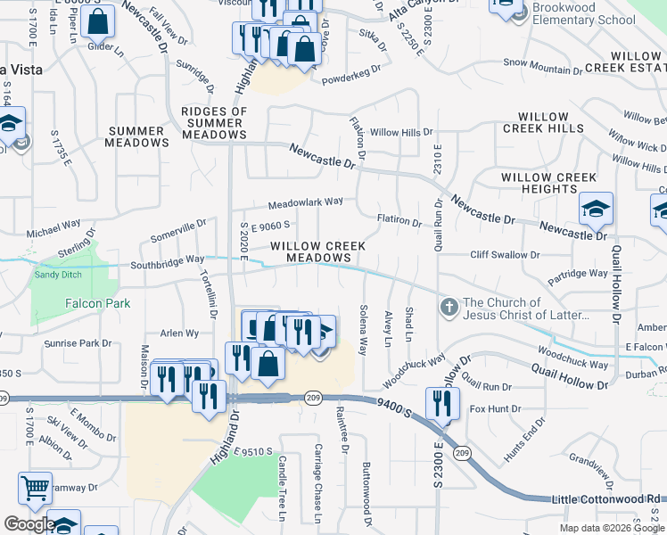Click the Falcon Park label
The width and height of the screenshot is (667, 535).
[97, 304]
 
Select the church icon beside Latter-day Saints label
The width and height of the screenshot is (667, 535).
[449, 309]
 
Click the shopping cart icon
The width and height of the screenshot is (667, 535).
[35, 488]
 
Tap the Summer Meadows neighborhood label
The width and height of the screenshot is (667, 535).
[138, 136]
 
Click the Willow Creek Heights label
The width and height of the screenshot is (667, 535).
[548, 184]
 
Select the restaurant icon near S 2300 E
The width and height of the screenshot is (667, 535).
[442, 402]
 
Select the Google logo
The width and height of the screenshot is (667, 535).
[29, 524]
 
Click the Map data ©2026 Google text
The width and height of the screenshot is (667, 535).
[612, 528]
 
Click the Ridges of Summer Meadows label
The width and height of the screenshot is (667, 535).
[214, 123]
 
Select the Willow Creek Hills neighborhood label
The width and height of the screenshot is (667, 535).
[543, 123]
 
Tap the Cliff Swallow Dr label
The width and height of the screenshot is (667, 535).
[505, 255]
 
